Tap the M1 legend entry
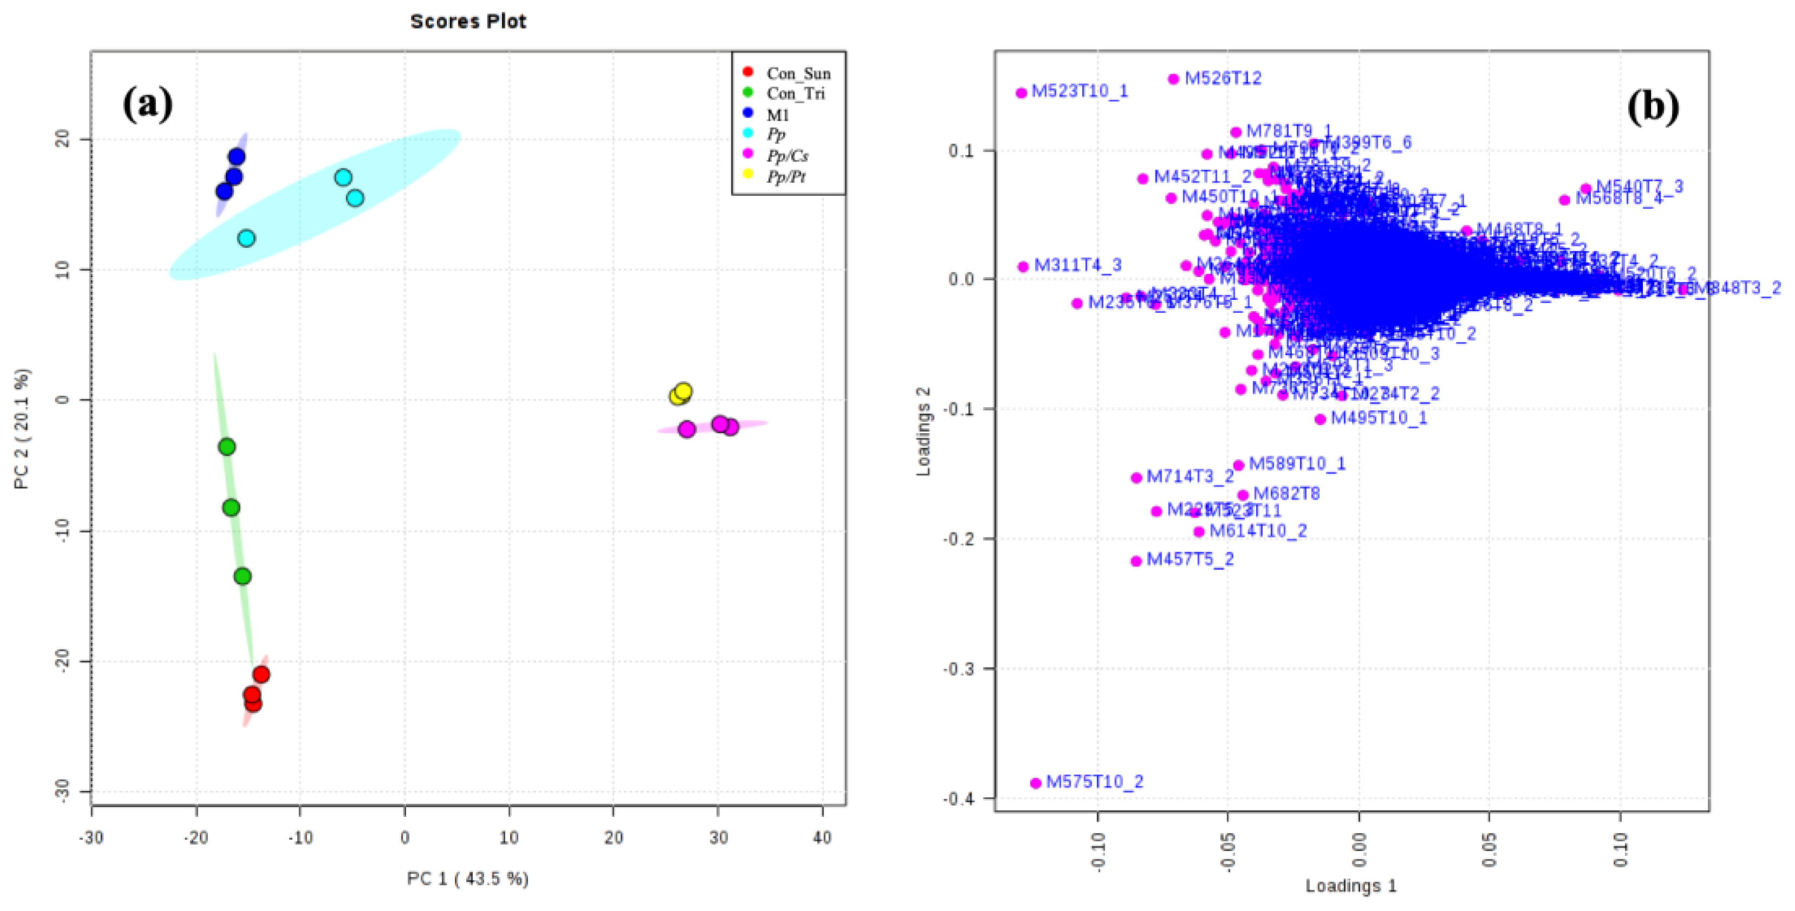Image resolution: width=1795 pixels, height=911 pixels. tap(778, 115)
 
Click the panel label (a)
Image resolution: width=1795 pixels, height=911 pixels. tap(147, 104)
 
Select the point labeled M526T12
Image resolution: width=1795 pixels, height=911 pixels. tap(1173, 78)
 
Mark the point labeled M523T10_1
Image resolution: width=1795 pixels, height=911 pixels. tap(1022, 93)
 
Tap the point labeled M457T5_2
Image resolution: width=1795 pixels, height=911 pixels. tap(1137, 561)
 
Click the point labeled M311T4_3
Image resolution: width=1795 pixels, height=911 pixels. tap(1023, 267)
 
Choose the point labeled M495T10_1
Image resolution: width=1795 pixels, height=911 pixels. tap(1320, 420)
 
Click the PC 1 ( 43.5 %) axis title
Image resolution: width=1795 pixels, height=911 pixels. tap(467, 879)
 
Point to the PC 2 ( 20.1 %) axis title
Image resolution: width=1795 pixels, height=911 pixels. tap(22, 428)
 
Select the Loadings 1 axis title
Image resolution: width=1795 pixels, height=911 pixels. tap(1350, 886)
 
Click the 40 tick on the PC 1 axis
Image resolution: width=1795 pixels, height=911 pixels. tap(823, 837)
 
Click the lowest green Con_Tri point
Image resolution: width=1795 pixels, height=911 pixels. tap(242, 576)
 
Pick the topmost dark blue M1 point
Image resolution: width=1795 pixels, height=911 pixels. tap(237, 157)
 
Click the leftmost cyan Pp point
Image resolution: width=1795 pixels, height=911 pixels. tap(246, 239)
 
